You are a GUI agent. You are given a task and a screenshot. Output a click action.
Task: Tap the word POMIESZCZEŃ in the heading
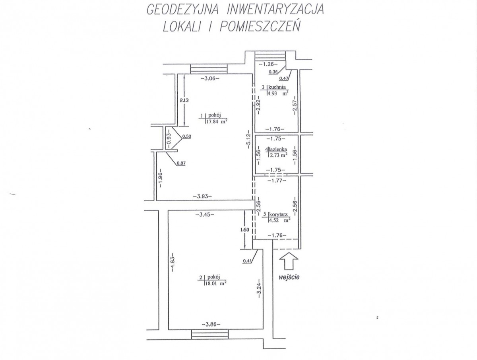[260, 27]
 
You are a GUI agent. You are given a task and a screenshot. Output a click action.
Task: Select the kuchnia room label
[277, 87]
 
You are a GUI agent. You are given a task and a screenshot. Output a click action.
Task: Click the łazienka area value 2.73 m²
[278, 155]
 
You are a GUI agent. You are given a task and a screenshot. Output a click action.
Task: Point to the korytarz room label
[278, 214]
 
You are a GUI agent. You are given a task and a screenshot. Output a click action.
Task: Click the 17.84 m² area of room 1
[217, 121]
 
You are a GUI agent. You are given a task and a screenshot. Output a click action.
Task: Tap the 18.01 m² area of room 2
[215, 284]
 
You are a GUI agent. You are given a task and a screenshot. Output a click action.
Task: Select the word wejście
[289, 277]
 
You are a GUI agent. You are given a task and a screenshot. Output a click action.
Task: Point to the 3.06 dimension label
[210, 78]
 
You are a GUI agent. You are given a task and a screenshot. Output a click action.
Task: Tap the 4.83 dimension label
[173, 262]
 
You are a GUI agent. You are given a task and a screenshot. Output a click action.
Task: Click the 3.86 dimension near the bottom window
[211, 331]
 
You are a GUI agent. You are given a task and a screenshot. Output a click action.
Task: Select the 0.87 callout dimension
[181, 163]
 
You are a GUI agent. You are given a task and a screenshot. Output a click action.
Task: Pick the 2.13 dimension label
[184, 100]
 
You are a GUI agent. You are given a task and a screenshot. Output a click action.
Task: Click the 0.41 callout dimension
[247, 261]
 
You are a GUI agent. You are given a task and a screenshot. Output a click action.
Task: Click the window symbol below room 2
[210, 341]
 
